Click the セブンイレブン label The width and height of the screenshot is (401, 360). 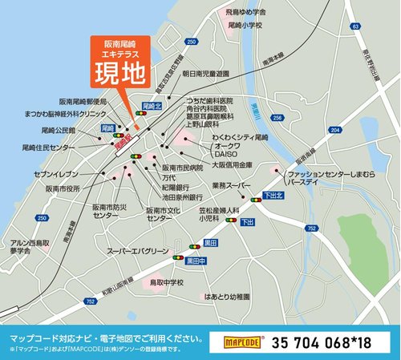click(x=56, y=173)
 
